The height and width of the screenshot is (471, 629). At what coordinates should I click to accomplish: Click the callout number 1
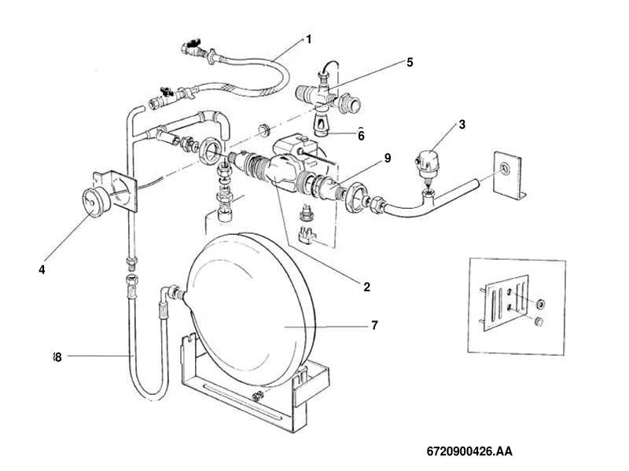tap(309, 38)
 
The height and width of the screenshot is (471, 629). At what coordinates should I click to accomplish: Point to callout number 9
tap(388, 158)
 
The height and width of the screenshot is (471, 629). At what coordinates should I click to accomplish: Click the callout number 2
tap(366, 287)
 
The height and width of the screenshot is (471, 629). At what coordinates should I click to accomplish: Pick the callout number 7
tap(374, 324)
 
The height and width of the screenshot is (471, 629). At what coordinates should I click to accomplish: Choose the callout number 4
tap(41, 269)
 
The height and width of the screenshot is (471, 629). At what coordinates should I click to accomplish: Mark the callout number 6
tap(362, 134)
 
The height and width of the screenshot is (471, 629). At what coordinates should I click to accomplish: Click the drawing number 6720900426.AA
tap(469, 452)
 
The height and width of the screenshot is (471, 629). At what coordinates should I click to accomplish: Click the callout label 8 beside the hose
tap(57, 356)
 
